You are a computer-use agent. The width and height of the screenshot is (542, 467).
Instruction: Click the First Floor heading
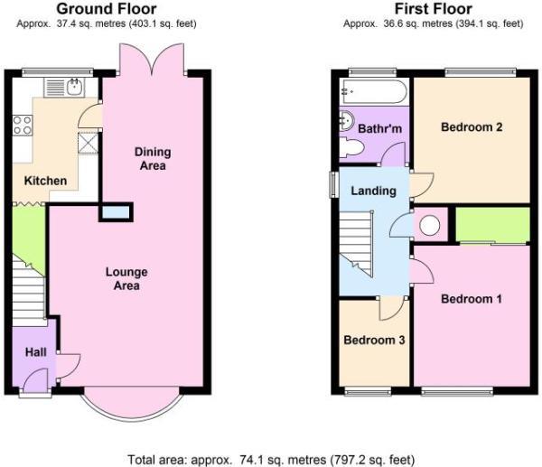tap(432, 9)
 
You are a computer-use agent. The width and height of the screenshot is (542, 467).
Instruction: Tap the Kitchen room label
tap(45, 181)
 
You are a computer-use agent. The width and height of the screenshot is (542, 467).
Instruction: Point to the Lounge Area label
tap(126, 278)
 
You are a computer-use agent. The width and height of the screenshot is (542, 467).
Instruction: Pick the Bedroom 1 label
tap(471, 299)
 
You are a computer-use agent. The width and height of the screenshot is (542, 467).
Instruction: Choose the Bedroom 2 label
tap(471, 127)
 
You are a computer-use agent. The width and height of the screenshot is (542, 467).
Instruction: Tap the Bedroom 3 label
tap(374, 341)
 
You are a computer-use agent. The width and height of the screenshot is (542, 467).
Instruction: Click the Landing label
tap(373, 191)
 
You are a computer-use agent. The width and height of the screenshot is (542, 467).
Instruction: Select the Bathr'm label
tap(379, 130)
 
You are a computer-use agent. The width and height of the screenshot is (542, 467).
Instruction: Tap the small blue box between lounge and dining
tap(116, 212)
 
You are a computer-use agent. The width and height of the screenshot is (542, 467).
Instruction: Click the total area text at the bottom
tap(270, 458)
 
